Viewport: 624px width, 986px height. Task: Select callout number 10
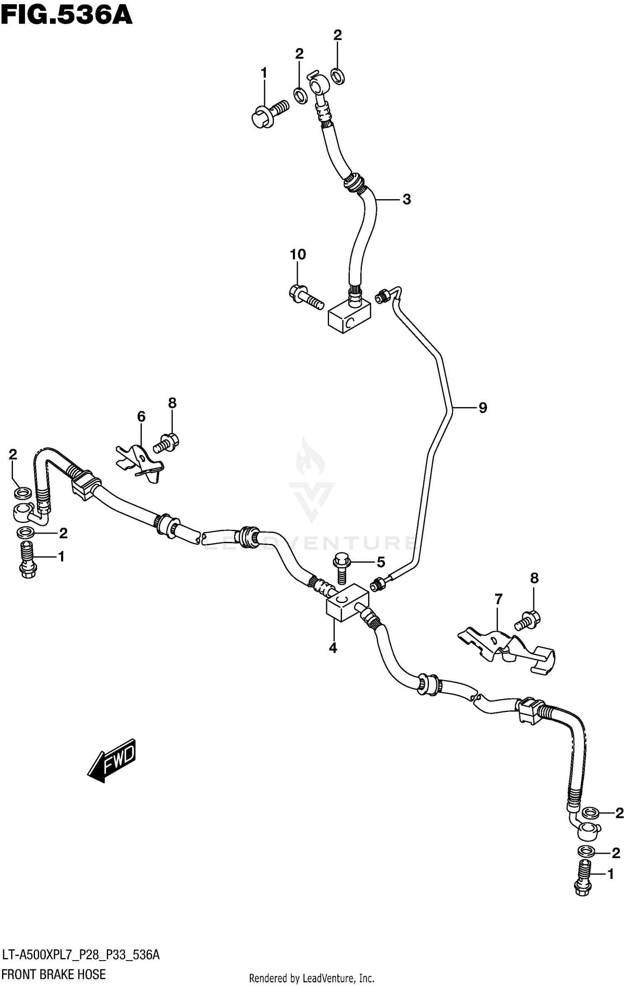pyautogui.click(x=298, y=254)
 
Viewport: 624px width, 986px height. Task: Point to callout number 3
pyautogui.click(x=406, y=199)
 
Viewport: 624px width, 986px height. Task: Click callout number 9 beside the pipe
pyautogui.click(x=483, y=408)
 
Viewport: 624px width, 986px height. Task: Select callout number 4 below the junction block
pyautogui.click(x=333, y=648)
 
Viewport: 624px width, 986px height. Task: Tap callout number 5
pyautogui.click(x=381, y=562)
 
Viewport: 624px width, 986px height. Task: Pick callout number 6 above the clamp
pyautogui.click(x=141, y=416)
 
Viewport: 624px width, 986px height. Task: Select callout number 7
pyautogui.click(x=498, y=599)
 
